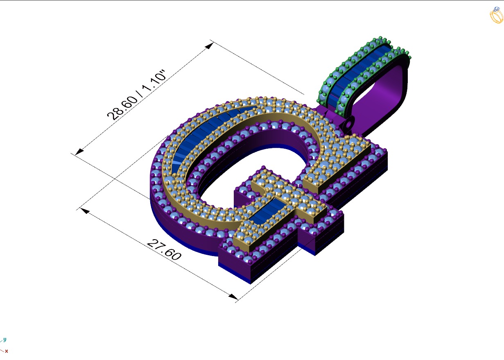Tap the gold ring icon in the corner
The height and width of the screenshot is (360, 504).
pos(496,15)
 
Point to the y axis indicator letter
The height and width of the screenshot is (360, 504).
pos(5,340)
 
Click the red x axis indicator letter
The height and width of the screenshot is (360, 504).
pos(7,351)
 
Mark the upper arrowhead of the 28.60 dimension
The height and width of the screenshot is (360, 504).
pos(209,45)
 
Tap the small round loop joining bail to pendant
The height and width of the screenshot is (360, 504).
pos(349,122)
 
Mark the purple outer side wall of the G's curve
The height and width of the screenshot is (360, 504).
pos(172,229)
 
